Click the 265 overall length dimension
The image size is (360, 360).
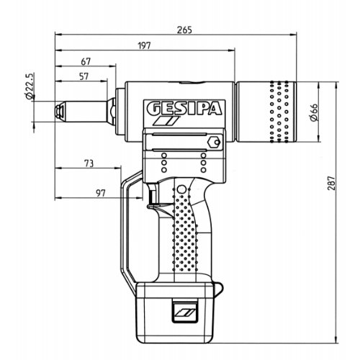point(184,30)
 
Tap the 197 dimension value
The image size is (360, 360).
point(145,45)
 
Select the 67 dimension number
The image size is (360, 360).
point(86,62)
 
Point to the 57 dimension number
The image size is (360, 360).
point(84,76)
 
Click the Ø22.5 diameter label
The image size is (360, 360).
point(29,86)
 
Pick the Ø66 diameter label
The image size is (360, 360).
point(314,112)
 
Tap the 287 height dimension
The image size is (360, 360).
point(331,184)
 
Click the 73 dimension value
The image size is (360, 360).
point(89,163)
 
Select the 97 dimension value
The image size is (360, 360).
point(101,193)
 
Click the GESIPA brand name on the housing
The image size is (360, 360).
point(184,109)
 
